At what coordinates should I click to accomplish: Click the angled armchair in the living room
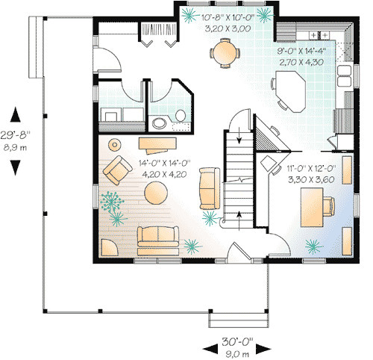pyautogui.click(x=116, y=171)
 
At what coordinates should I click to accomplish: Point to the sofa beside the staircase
pyautogui.click(x=209, y=190)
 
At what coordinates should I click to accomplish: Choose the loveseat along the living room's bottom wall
pyautogui.click(x=157, y=238)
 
